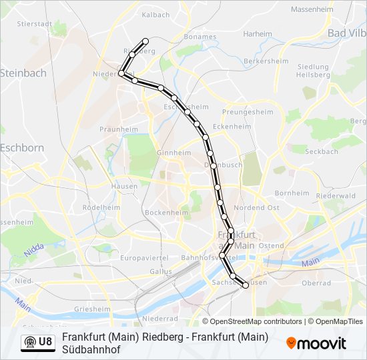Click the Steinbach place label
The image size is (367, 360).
tap(23, 73)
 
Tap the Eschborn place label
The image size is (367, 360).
tap(21, 147)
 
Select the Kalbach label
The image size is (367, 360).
tap(155, 14)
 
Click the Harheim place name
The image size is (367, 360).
tap(258, 33)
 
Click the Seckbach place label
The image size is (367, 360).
tap(322, 151)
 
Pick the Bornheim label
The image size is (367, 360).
tap(292, 193)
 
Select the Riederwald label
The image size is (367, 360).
tap(335, 196)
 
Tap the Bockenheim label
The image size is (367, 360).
tap(167, 213)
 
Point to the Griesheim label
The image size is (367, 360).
tap(93, 309)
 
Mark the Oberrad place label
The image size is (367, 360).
tap(316, 283)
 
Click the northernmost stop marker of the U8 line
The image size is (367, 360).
tap(145, 41)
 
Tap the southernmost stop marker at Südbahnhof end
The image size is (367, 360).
tap(245, 285)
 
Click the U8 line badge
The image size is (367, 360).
tap(38, 342)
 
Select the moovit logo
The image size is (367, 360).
tap(316, 343)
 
